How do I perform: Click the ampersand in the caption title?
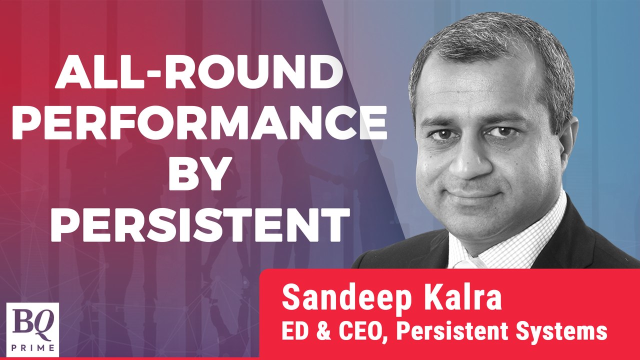(x=317, y=331)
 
